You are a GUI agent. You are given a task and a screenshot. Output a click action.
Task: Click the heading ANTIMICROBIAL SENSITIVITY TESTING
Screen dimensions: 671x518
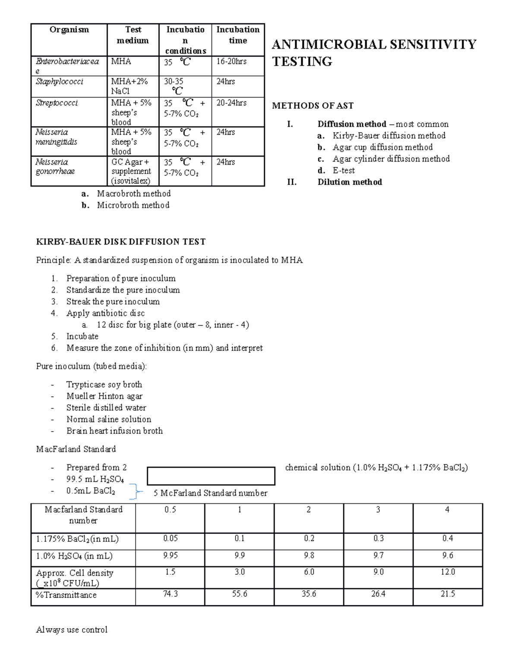coord(374,53)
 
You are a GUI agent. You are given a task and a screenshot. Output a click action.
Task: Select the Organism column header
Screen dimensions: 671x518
coord(69,30)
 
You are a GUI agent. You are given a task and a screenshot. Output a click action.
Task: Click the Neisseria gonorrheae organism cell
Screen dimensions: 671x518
coord(55,167)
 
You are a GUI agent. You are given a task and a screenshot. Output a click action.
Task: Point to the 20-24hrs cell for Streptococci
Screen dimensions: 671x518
coord(231,103)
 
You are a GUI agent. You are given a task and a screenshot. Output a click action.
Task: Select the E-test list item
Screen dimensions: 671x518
coord(344,171)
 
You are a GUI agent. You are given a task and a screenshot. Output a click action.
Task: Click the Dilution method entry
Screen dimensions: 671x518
coord(350,182)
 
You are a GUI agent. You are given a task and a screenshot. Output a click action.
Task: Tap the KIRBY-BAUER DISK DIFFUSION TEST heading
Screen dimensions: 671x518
coord(121,242)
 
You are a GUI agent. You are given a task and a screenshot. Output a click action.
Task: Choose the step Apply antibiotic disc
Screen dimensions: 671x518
coord(105,313)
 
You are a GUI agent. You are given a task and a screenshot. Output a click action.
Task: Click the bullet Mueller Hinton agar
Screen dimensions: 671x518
coord(104,396)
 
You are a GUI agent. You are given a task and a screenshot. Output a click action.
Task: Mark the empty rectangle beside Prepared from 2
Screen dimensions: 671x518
coord(211,476)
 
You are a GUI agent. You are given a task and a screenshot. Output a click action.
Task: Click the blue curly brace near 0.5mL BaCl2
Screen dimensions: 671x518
coord(138,491)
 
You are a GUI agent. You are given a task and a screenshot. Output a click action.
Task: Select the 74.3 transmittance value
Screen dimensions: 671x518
coord(170,595)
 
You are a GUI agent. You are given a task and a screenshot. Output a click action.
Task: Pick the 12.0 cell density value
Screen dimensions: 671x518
coord(448,572)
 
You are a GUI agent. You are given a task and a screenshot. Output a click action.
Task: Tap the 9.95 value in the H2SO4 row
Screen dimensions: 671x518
coord(170,556)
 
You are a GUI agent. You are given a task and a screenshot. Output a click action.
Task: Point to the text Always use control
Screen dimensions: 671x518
coord(72,630)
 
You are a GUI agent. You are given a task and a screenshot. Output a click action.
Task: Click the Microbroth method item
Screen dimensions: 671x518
coord(133,205)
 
